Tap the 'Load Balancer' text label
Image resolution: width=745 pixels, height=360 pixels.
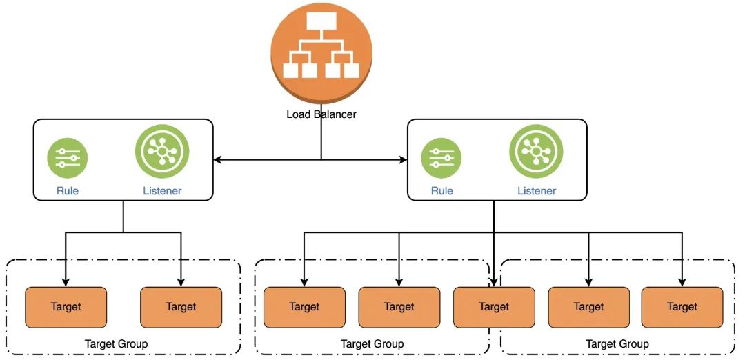[x=321, y=114]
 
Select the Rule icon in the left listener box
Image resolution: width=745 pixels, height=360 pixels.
[x=68, y=159]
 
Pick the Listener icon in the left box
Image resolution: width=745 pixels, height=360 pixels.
[x=162, y=152]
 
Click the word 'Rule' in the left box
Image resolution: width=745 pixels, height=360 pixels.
[x=68, y=191]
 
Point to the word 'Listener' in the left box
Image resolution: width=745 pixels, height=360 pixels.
[x=162, y=191]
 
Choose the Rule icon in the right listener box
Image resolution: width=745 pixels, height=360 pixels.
[x=441, y=159]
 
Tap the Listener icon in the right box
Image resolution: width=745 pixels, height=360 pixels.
[x=536, y=152]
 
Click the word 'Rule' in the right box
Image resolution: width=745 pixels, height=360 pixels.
[x=441, y=191]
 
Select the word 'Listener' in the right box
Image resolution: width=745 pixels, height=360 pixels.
[x=536, y=191]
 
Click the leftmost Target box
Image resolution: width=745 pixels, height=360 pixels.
[x=66, y=307]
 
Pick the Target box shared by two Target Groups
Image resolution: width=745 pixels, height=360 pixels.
[x=494, y=307]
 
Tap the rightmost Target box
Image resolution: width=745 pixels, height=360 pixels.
[x=682, y=307]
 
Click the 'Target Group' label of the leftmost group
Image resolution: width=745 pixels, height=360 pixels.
[x=116, y=343]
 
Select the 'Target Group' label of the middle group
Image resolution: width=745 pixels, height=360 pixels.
[x=372, y=343]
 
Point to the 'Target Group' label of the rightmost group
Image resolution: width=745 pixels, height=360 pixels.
[x=617, y=343]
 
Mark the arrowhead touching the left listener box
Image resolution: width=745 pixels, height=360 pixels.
[x=217, y=160]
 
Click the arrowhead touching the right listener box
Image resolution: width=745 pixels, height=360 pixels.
[x=404, y=160]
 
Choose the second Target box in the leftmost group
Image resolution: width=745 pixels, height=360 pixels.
[x=181, y=307]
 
